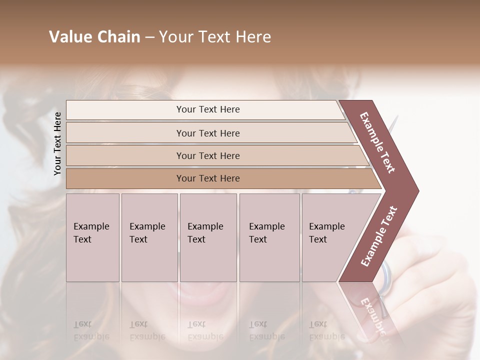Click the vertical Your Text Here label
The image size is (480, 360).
tap(57, 144)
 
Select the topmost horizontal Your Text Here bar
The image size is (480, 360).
tap(208, 109)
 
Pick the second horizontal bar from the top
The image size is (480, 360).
tap(208, 133)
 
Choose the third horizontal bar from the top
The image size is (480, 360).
tap(208, 155)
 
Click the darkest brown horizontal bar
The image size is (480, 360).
tap(208, 178)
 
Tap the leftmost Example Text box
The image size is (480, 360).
tap(92, 237)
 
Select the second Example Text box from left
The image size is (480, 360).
tap(149, 237)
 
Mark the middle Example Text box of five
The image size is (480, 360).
tap(208, 237)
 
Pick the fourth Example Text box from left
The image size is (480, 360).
tap(269, 237)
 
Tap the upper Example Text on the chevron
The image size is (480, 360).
tap(377, 142)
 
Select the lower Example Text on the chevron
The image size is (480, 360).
tap(379, 236)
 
